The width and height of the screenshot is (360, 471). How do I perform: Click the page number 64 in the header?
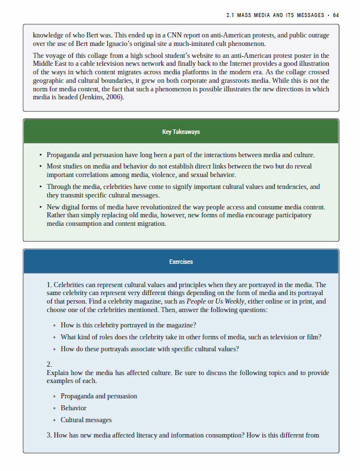(x=336, y=15)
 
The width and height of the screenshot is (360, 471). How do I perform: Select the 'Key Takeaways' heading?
(x=181, y=132)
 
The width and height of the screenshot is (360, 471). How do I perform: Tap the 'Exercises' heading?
(x=181, y=262)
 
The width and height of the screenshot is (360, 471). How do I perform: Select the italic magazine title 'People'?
(x=196, y=301)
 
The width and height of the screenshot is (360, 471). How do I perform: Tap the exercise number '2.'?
(x=49, y=364)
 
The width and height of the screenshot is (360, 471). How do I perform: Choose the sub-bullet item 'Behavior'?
(x=73, y=408)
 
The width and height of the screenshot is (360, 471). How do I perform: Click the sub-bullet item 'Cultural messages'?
(x=86, y=420)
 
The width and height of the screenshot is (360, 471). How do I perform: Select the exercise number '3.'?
(x=49, y=435)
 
